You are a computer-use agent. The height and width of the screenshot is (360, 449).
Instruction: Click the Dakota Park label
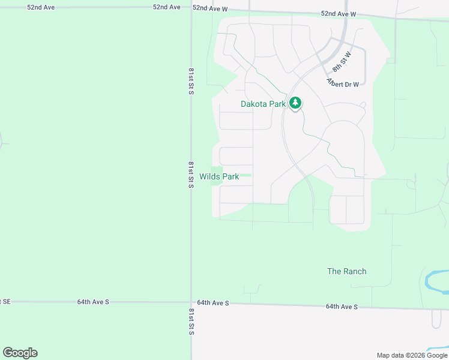[263, 104]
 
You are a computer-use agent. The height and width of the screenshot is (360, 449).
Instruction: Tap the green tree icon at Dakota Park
[295, 103]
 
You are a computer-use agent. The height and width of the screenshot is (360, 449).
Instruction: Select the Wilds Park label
[219, 176]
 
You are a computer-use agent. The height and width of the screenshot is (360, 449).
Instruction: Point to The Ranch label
[346, 271]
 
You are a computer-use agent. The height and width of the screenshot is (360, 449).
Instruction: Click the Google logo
[20, 353]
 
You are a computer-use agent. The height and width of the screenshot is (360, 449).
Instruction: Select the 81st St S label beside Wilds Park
[190, 175]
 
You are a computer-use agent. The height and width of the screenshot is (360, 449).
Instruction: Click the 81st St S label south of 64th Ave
[190, 322]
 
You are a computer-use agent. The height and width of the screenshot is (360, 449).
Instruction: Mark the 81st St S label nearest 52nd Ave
[190, 81]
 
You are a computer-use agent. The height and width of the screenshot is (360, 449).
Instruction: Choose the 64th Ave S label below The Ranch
[342, 307]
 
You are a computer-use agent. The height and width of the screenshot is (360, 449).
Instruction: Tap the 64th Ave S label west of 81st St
[93, 302]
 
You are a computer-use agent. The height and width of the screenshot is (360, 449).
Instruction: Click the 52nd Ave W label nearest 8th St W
[339, 13]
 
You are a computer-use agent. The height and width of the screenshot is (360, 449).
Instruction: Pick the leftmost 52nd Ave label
[41, 7]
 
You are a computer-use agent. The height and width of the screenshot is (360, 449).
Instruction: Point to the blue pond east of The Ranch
[433, 280]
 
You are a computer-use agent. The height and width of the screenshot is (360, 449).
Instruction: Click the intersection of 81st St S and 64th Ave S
[191, 302]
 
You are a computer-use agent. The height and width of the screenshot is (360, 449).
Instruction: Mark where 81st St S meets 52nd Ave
[191, 8]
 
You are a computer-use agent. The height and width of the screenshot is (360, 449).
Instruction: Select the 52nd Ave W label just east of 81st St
[210, 9]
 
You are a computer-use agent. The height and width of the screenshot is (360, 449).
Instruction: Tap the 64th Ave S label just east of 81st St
[212, 303]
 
